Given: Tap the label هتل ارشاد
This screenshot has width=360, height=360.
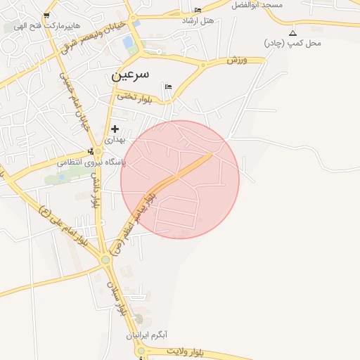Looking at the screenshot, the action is pos(198,21).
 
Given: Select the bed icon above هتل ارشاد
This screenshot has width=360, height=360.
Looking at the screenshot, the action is pos(198,10).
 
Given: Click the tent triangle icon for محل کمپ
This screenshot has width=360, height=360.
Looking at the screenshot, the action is pos(293,33).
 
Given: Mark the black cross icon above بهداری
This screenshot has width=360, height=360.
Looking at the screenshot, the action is pos(115,129).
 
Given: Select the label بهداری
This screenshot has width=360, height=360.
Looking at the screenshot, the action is pos(114,140).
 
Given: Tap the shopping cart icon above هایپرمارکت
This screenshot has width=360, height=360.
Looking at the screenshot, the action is pos(46,15).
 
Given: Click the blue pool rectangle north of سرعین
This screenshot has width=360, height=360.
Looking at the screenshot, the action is pos(128,43).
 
